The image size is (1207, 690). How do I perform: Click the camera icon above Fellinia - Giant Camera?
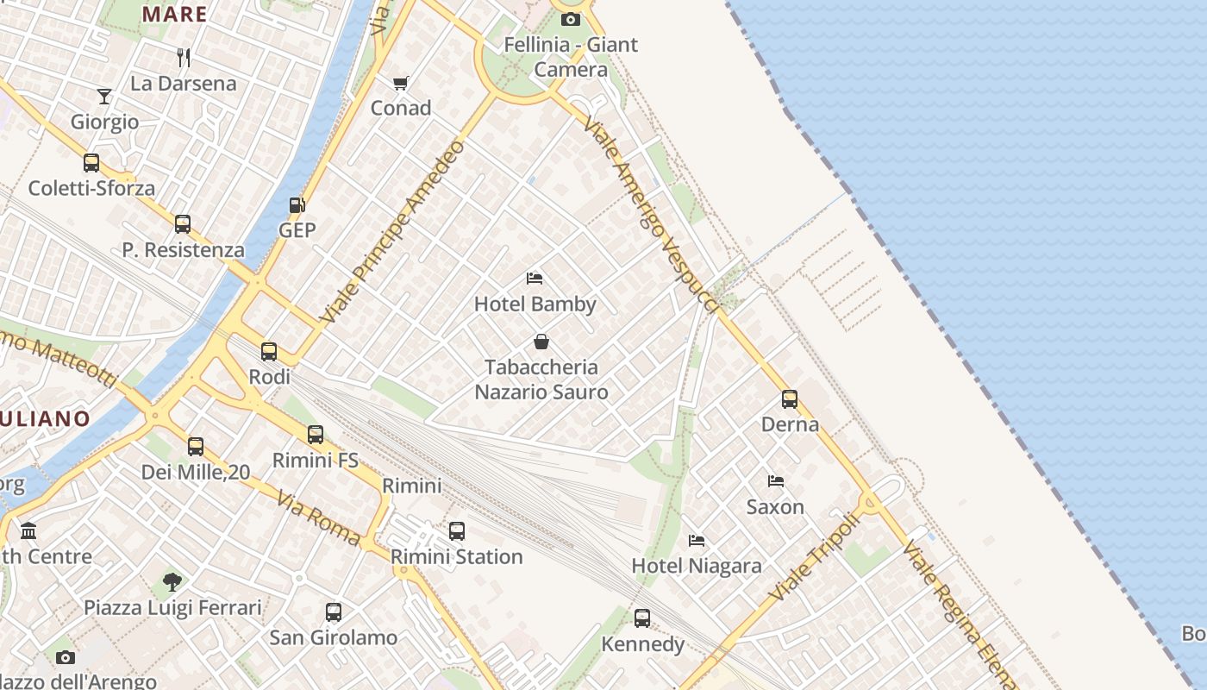click(x=570, y=19)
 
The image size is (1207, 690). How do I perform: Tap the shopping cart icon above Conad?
click(x=400, y=83)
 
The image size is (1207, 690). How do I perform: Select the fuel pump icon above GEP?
click(x=297, y=205)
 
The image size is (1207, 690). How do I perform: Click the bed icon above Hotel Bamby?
click(x=535, y=279)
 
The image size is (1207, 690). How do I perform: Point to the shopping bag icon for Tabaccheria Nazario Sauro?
click(x=541, y=342)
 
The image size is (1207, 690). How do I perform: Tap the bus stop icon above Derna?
click(x=790, y=399)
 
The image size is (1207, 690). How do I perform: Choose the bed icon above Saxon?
click(x=776, y=481)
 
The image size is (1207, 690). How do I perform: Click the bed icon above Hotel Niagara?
click(x=697, y=541)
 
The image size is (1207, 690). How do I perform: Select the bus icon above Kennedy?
click(x=642, y=618)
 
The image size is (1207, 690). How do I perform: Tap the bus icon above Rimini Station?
click(x=457, y=531)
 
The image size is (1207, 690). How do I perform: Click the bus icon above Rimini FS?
click(x=316, y=435)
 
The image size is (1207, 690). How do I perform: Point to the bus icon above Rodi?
click(x=269, y=352)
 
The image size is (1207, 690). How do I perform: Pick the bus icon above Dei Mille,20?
click(x=196, y=447)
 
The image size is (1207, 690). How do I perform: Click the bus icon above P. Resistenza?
click(x=183, y=224)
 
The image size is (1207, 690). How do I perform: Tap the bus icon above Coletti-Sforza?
click(x=91, y=163)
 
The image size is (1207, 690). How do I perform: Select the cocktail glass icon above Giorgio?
click(x=104, y=96)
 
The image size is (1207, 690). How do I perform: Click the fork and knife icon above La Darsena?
click(x=183, y=58)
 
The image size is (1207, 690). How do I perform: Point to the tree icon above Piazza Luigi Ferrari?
click(x=172, y=581)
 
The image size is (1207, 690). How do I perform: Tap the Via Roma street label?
click(x=318, y=517)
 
